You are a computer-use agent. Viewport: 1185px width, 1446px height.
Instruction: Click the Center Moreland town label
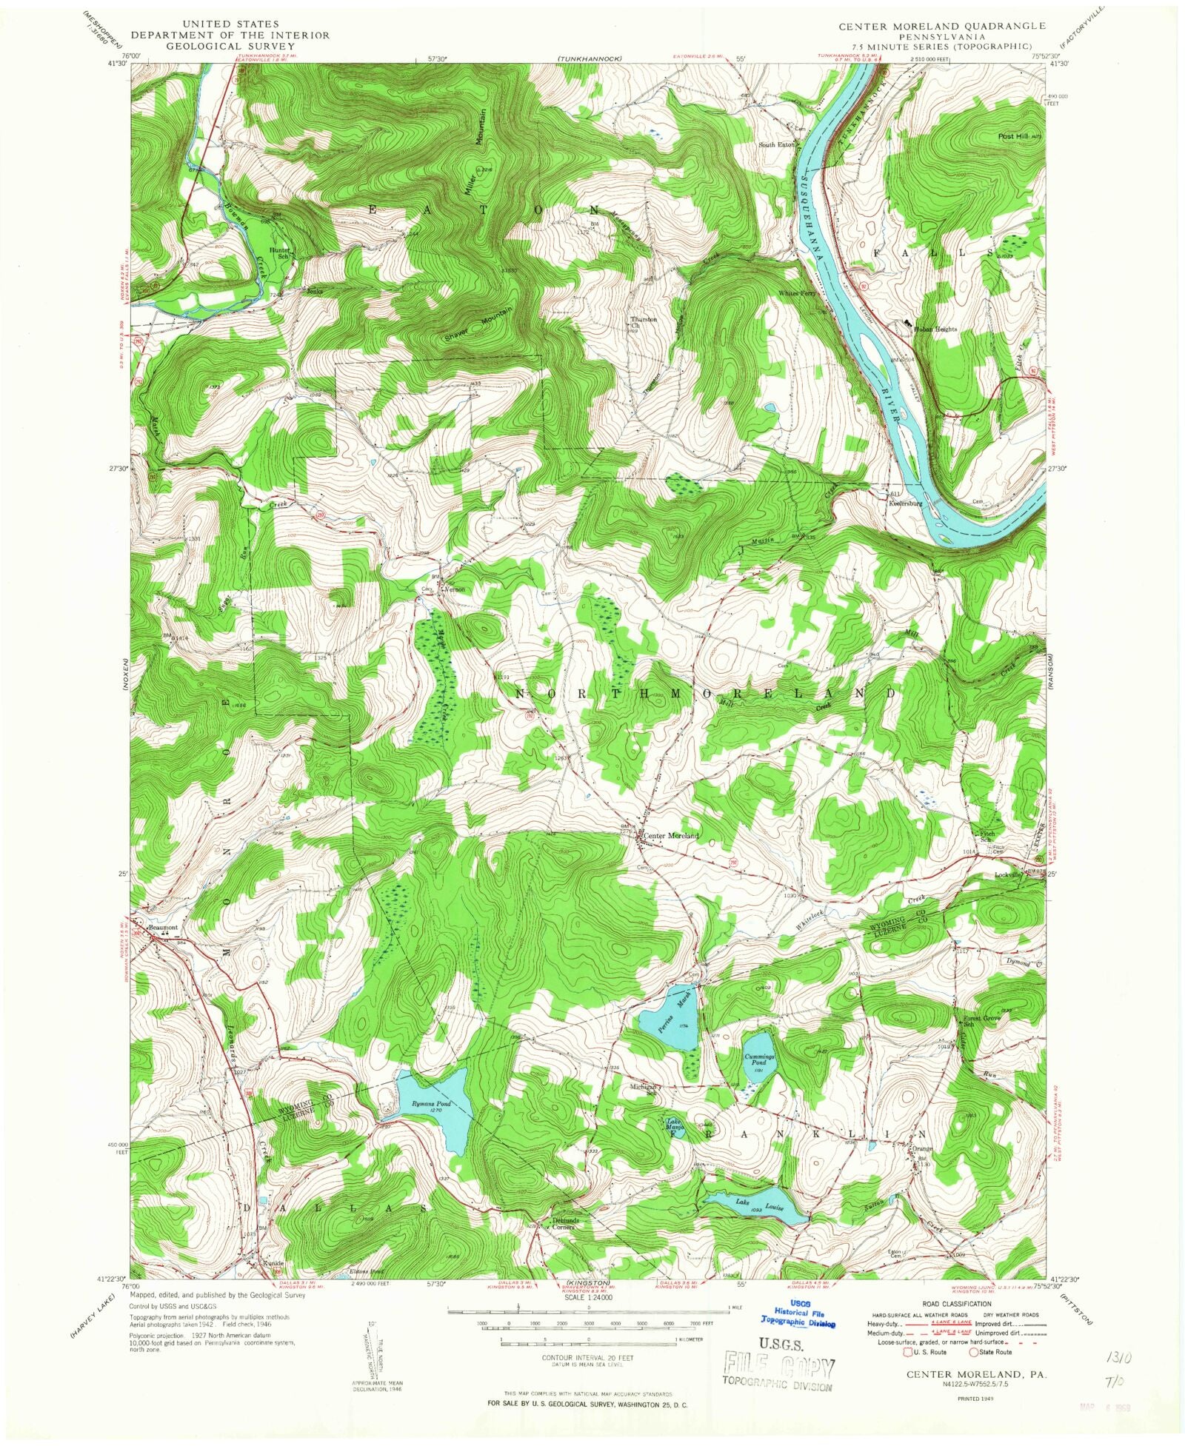[670, 836]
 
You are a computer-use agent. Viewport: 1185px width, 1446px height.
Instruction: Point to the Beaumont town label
[163, 926]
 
